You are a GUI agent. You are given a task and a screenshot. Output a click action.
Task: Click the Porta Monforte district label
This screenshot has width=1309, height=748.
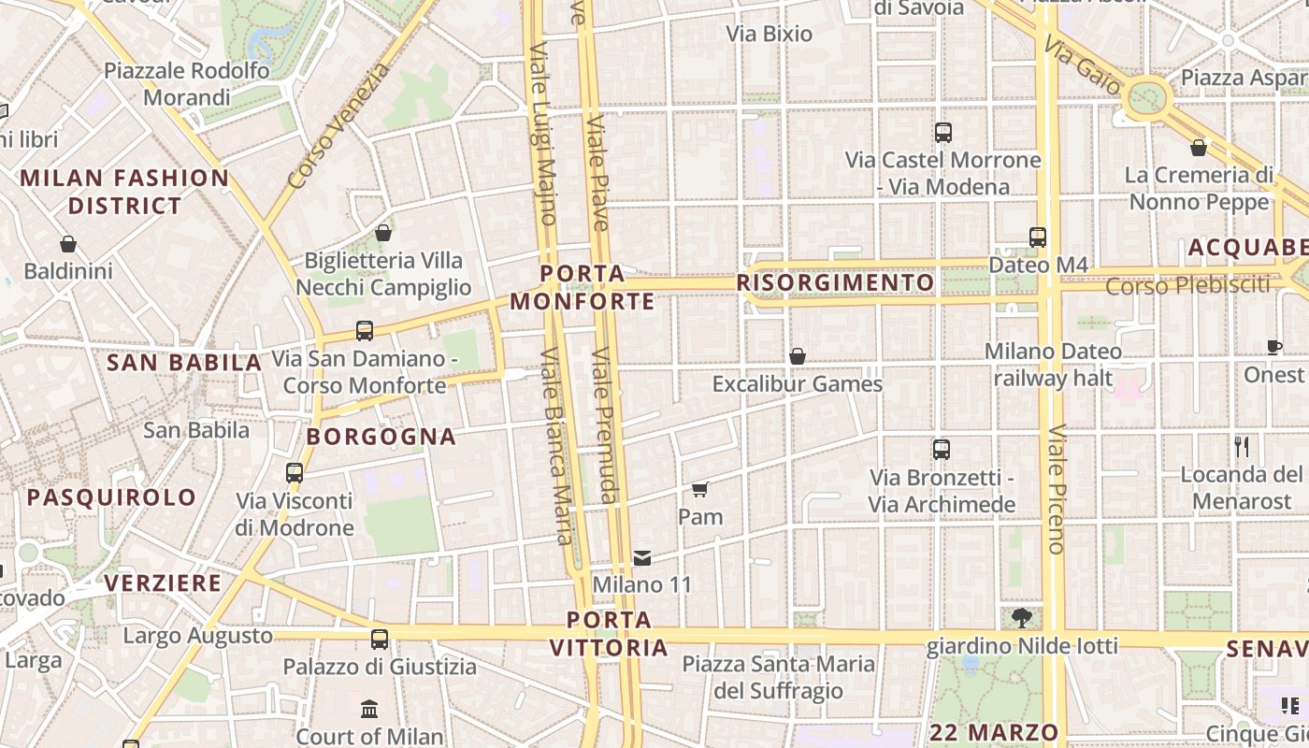coord(582,288)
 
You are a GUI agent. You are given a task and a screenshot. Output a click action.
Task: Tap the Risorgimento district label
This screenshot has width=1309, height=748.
coord(835,282)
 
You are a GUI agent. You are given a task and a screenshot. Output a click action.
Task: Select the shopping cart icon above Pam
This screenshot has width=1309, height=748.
coord(700,489)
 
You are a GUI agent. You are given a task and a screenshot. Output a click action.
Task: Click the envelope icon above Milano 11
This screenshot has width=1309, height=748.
coord(642,558)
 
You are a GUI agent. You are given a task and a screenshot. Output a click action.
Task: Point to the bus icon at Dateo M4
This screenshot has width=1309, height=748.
coord(1037,237)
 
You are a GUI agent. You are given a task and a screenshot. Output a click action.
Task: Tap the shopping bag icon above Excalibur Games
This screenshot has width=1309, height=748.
coord(798,356)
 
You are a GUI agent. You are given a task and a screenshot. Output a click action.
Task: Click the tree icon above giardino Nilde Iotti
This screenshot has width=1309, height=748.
coord(1022,617)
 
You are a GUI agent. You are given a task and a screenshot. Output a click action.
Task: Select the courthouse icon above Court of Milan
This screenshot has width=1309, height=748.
coord(369,709)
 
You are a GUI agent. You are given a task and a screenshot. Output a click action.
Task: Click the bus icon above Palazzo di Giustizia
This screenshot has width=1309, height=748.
coord(379,640)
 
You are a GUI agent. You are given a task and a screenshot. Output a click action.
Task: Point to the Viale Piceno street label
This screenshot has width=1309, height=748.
coord(1057,489)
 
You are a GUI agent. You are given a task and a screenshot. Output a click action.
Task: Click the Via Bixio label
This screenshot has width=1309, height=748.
coord(770,34)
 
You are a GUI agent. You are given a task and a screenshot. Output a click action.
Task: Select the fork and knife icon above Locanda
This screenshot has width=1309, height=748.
coord(1242,447)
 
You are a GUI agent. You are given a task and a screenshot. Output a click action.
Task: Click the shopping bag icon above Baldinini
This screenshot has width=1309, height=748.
coord(68,245)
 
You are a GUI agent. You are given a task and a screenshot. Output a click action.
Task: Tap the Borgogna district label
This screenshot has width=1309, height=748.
coord(381,437)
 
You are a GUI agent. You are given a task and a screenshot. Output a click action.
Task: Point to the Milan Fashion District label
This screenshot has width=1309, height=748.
coord(124,192)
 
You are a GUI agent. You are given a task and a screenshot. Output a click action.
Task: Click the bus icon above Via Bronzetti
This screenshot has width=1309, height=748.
coord(942,450)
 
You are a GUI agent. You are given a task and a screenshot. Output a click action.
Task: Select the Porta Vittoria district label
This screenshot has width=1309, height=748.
coord(609,634)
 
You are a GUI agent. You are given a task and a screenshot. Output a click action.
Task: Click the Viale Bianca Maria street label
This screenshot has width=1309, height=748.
coord(556,447)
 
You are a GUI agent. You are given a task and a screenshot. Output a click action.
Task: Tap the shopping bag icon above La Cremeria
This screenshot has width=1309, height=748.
coord(1199,148)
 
